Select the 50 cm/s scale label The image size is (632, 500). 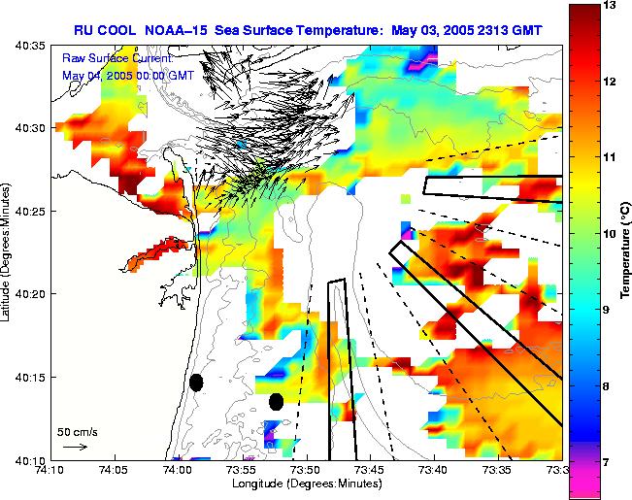[x=76, y=431]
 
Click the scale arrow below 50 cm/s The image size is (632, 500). [x=74, y=447]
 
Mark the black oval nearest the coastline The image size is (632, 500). [x=196, y=383]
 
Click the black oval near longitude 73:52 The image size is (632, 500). [x=277, y=401]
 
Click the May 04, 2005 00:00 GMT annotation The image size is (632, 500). [x=128, y=75]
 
